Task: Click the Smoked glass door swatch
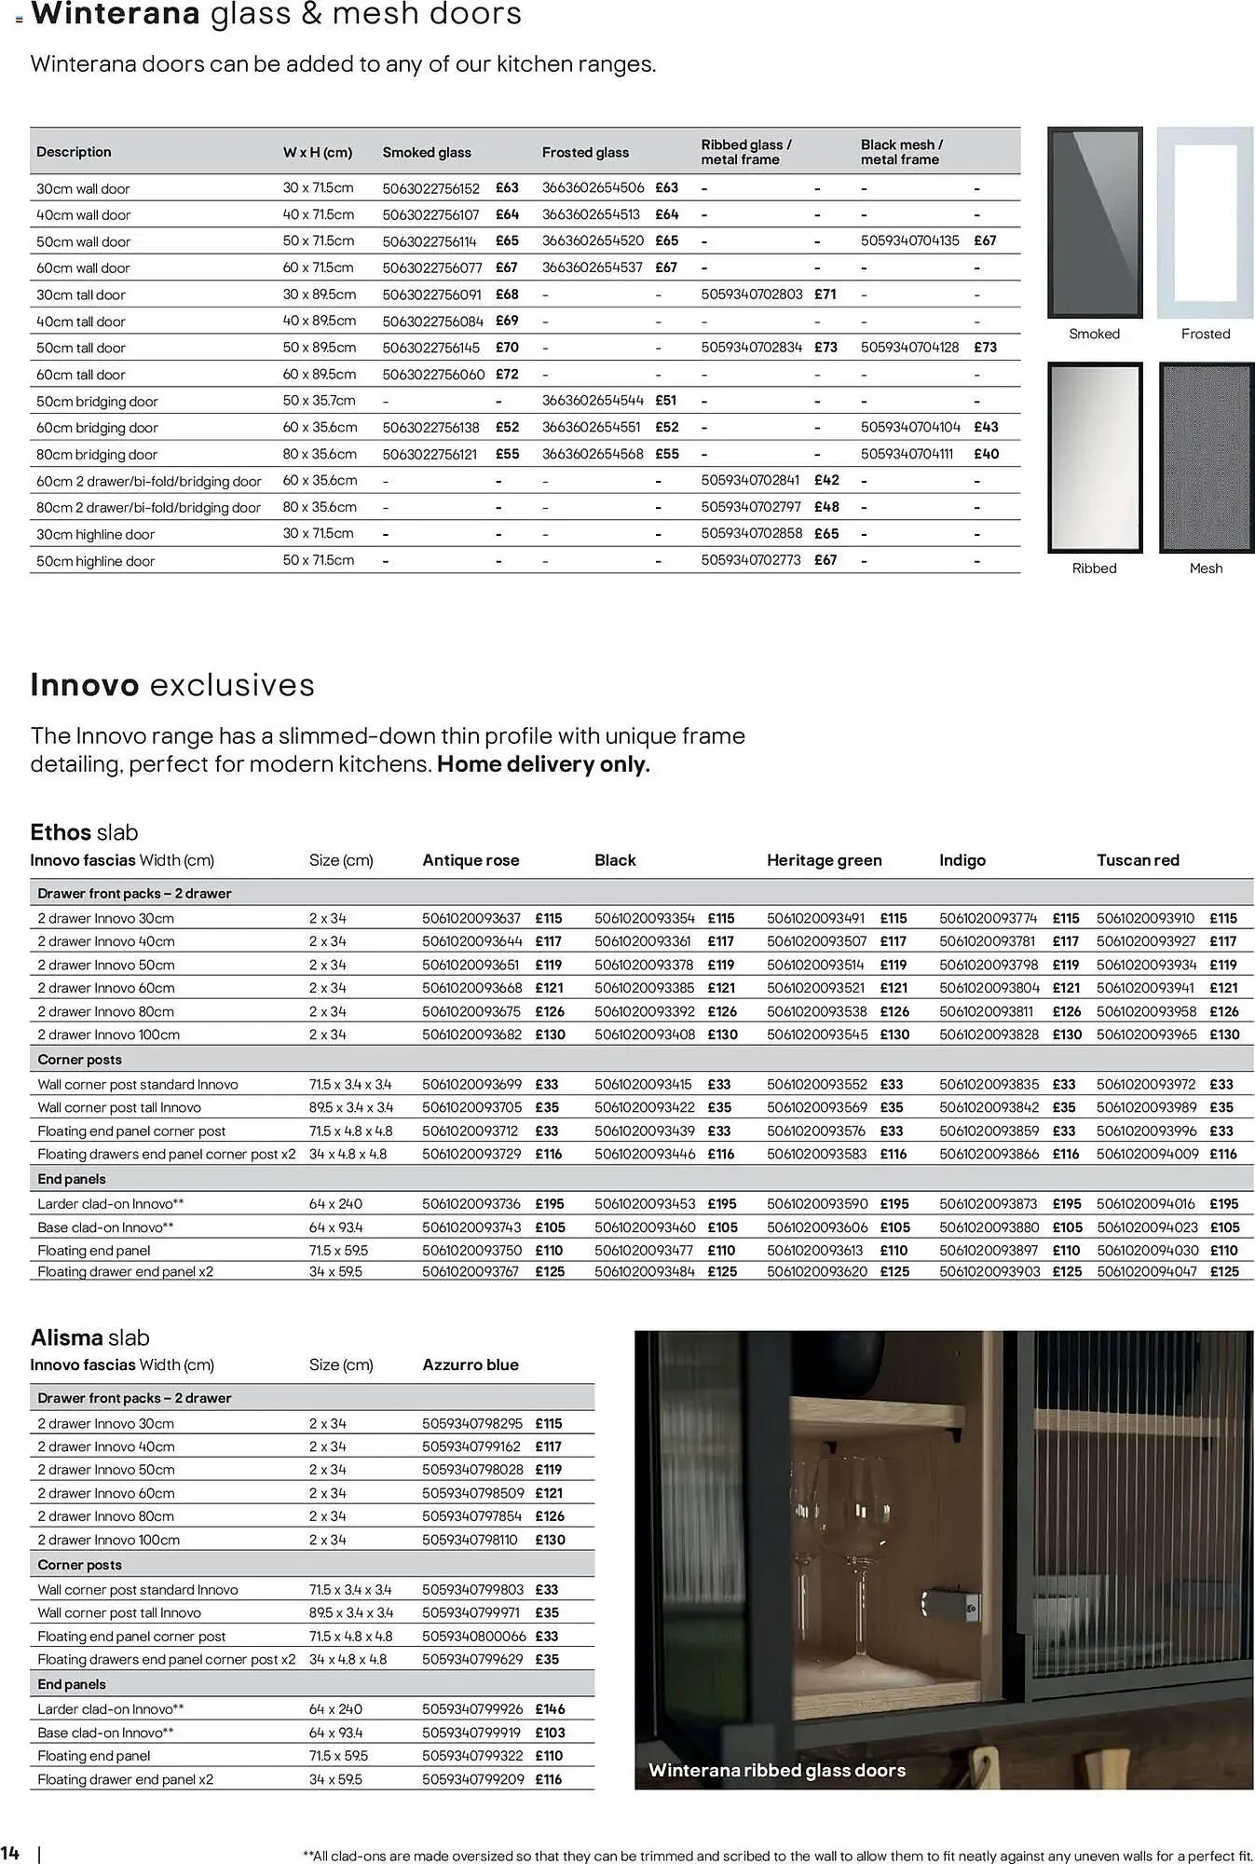coord(1095,223)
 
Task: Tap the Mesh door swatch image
coord(1206,458)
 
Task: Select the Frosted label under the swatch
coord(1206,334)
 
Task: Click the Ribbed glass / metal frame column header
coord(746,152)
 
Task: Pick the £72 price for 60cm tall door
coord(507,374)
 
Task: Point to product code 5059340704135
coord(909,240)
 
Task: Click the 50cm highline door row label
coord(95,561)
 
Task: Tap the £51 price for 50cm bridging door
coord(666,401)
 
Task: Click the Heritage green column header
coord(824,860)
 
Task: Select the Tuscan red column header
coord(1138,860)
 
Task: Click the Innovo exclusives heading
coord(172,685)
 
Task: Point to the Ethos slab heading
coord(84,832)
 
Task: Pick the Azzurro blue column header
coord(471,1364)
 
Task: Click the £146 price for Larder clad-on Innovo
coord(550,1709)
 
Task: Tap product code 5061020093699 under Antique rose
coord(471,1084)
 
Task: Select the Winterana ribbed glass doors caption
coord(777,1770)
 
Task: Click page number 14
coord(10,1851)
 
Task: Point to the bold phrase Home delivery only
coord(543,764)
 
